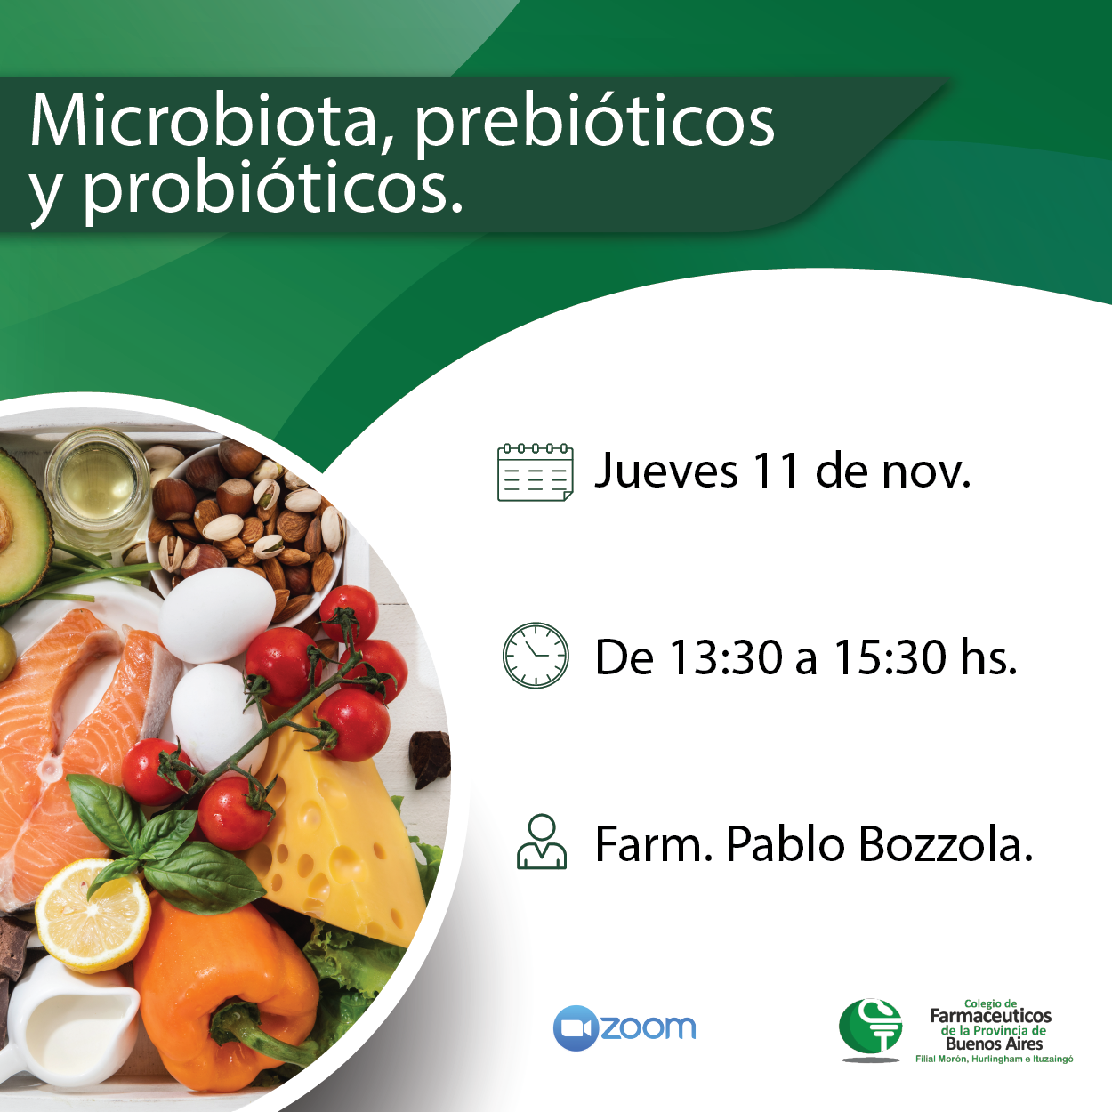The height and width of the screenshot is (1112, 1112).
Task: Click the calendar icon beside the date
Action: [x=535, y=472]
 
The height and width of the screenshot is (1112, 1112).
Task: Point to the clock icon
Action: [x=536, y=655]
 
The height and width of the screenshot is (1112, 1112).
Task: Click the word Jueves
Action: [x=666, y=471]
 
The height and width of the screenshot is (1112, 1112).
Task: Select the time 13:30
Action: [x=726, y=657]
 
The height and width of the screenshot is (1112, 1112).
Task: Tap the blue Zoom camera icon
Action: [x=576, y=1027]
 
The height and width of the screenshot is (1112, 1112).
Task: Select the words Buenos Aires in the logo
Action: [x=995, y=1044]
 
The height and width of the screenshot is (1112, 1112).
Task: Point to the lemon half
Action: [x=93, y=915]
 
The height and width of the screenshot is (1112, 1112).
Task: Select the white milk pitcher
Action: [x=69, y=1021]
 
